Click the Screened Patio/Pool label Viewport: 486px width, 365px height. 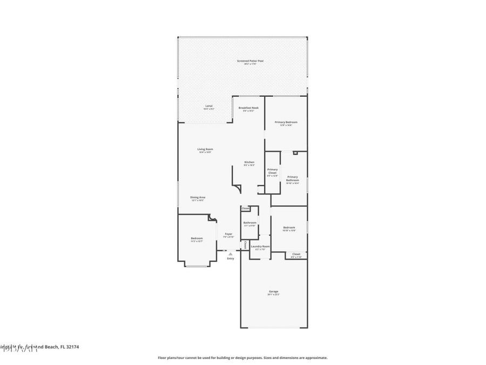(250, 61)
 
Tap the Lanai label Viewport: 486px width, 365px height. (208, 105)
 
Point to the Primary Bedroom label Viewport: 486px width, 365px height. (286, 122)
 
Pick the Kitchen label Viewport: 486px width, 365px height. (249, 162)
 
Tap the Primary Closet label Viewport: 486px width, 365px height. (273, 171)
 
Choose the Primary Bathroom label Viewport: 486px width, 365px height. (292, 178)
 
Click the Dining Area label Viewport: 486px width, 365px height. (198, 197)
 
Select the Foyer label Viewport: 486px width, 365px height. (229, 234)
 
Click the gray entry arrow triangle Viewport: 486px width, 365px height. (231, 253)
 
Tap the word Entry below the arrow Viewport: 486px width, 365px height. (231, 258)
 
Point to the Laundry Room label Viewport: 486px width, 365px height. (260, 247)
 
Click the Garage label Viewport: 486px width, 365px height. (274, 291)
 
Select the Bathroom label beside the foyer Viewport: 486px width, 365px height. (249, 222)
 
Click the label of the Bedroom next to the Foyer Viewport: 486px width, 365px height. (197, 238)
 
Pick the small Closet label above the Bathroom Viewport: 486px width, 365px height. (246, 208)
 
